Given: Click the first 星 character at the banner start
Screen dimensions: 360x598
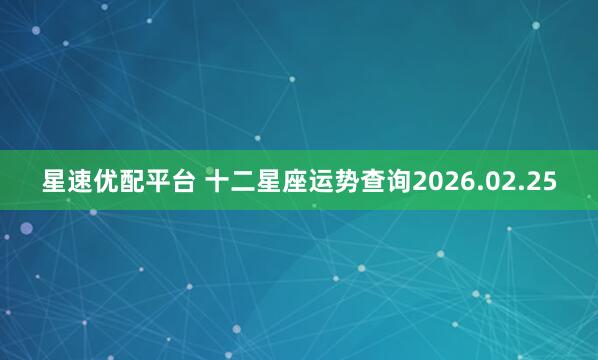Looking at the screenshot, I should [x=54, y=182].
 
